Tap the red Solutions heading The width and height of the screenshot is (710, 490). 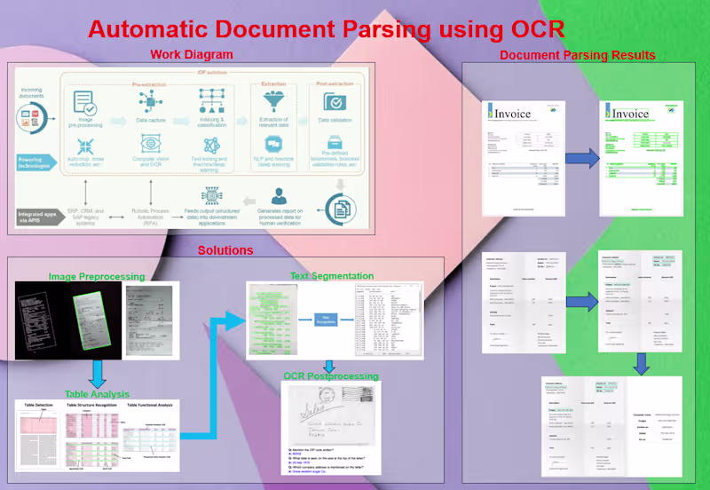[225, 250]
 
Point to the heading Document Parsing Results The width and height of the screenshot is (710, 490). [577, 55]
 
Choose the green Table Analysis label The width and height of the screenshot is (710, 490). [97, 393]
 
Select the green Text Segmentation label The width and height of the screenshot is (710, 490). [332, 276]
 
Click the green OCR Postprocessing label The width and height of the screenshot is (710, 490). [331, 375]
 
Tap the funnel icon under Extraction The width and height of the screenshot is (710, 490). [272, 101]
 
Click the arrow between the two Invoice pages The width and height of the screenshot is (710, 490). [582, 159]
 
